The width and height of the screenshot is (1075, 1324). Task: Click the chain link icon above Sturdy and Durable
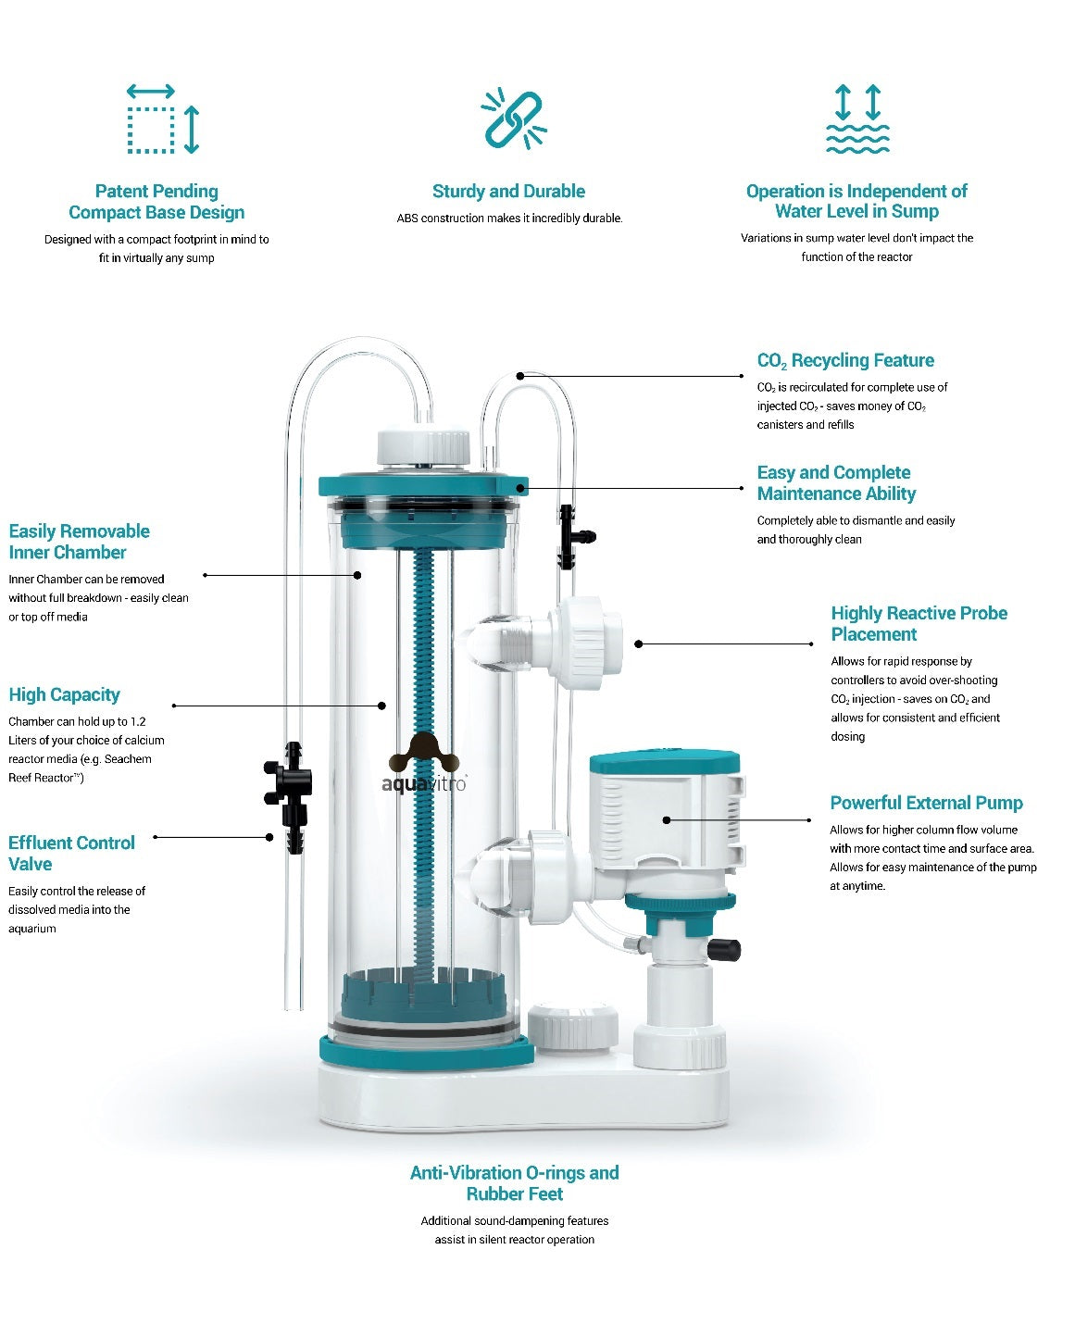pyautogui.click(x=514, y=119)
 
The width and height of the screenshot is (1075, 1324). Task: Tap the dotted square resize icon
pyautogui.click(x=163, y=119)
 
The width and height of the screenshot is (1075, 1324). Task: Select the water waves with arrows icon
pyautogui.click(x=857, y=119)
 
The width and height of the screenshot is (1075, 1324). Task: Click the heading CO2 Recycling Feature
pyautogui.click(x=845, y=360)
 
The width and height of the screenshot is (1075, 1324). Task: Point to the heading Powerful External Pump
pyautogui.click(x=926, y=803)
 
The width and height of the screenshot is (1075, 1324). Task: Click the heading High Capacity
pyautogui.click(x=64, y=694)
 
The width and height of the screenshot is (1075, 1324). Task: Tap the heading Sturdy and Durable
pyautogui.click(x=508, y=191)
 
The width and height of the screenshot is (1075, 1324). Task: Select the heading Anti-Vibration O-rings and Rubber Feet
pyautogui.click(x=514, y=1183)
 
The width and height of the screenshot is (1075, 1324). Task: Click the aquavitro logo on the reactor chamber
pyautogui.click(x=424, y=763)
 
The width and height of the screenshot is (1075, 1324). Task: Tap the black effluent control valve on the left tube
pyautogui.click(x=289, y=796)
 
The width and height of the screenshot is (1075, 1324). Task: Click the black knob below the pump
pyautogui.click(x=724, y=949)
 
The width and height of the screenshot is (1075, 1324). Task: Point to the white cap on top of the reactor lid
pyautogui.click(x=423, y=446)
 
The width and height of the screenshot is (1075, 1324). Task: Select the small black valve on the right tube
pyautogui.click(x=574, y=536)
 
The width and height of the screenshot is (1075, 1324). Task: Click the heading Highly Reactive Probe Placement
pyautogui.click(x=919, y=623)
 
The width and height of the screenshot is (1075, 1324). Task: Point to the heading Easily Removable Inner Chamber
pyautogui.click(x=79, y=542)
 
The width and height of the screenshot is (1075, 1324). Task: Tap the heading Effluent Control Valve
pyautogui.click(x=71, y=853)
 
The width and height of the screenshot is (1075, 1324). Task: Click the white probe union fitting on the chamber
pyautogui.click(x=584, y=643)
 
